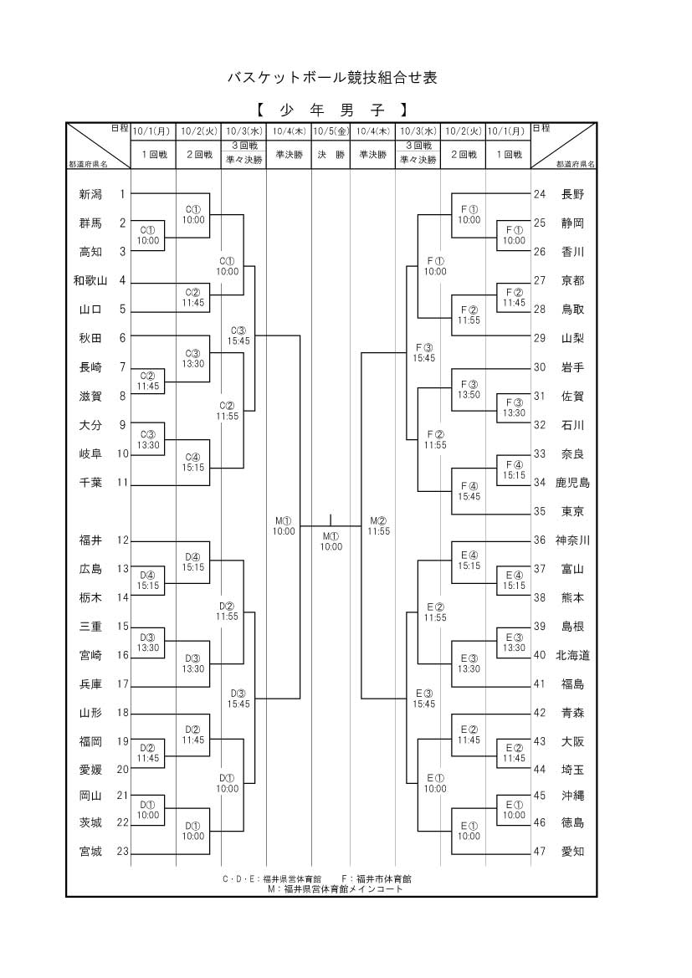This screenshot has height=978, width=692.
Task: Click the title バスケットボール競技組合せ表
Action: pos(332,78)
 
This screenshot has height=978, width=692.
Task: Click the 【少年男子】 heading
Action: pos(332,110)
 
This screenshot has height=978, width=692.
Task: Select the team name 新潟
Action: pos(90,194)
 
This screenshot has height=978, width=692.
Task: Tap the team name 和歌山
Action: pos(90,280)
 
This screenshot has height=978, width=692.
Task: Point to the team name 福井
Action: pos(90,540)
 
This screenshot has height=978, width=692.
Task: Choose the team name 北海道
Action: pos(573,655)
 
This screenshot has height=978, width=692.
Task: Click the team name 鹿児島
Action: pos(573,483)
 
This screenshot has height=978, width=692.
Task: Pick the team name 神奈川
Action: pos(573,540)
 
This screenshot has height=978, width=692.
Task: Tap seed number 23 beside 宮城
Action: pos(122,852)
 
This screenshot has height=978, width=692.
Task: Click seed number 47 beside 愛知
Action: pos(540,852)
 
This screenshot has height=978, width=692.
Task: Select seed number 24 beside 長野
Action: pos(540,194)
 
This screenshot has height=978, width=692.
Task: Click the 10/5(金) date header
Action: pos(331,131)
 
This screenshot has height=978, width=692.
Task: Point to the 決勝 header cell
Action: pos(331,155)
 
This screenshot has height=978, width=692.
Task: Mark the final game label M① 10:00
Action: pos(331,541)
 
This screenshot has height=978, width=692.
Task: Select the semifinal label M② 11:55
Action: pos(378,525)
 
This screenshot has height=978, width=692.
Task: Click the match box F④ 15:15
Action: pos(514,469)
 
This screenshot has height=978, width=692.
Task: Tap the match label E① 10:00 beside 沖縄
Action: pos(514,810)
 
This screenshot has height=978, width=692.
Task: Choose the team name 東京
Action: pos(573,511)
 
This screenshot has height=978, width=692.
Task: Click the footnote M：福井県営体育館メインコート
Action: pos(335,889)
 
